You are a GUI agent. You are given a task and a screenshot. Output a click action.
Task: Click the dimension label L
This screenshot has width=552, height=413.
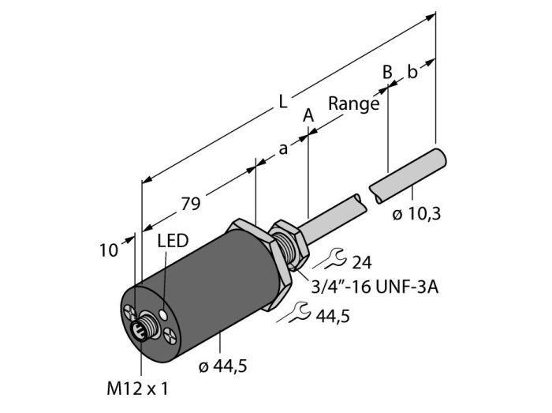(283, 102)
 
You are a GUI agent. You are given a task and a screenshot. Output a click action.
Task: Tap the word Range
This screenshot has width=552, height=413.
(354, 104)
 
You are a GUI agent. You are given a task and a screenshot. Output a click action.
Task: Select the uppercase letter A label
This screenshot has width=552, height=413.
(308, 116)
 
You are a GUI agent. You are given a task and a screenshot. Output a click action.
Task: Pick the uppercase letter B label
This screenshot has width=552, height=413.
(387, 72)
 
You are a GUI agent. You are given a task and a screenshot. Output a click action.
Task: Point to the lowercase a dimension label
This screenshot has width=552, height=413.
(283, 149)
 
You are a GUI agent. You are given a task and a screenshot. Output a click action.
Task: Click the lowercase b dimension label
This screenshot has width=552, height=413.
(412, 72)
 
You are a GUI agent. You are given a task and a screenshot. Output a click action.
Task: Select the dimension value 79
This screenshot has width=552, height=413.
(191, 204)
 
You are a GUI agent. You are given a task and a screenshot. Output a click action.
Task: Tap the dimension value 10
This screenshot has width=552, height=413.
(109, 251)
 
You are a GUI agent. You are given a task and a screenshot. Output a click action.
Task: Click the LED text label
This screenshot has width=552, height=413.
(173, 241)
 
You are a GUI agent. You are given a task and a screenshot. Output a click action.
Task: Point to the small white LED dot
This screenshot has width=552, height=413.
(163, 314)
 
